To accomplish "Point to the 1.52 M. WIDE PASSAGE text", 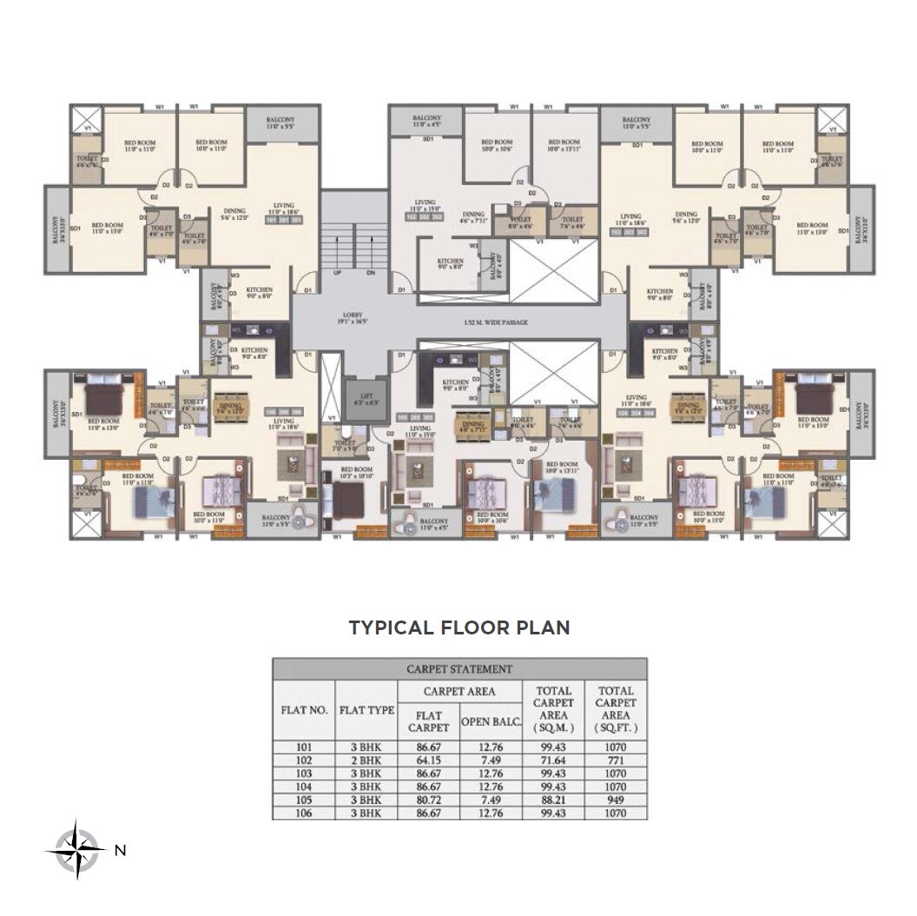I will click(x=496, y=322).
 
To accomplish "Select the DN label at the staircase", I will click(x=371, y=273).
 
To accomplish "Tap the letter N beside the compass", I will click(x=120, y=851).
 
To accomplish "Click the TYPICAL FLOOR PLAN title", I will click(x=458, y=627).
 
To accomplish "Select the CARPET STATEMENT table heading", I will click(x=458, y=669).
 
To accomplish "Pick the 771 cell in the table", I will click(x=615, y=760).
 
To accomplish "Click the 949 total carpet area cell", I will click(x=615, y=800).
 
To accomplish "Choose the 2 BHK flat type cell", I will click(x=366, y=760).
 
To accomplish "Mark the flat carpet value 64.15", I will click(x=428, y=760).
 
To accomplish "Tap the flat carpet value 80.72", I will click(x=428, y=800).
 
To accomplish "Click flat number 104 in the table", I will click(x=303, y=787).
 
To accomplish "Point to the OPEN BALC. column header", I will click(x=490, y=721).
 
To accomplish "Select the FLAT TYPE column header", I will click(x=366, y=710).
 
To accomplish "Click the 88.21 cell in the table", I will click(x=552, y=800).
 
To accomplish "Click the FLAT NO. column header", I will click(x=303, y=710).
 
